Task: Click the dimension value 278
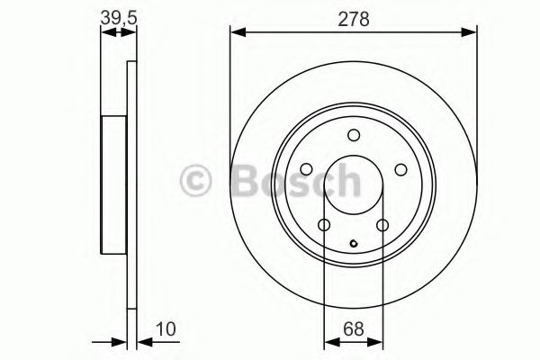pyautogui.click(x=353, y=18)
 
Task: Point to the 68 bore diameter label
pyautogui.click(x=354, y=329)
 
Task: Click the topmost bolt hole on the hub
pyautogui.click(x=354, y=135)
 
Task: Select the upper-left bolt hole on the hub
pyautogui.click(x=308, y=168)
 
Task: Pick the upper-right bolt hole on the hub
pyautogui.click(x=400, y=168)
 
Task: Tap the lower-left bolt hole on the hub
pyautogui.click(x=325, y=224)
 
